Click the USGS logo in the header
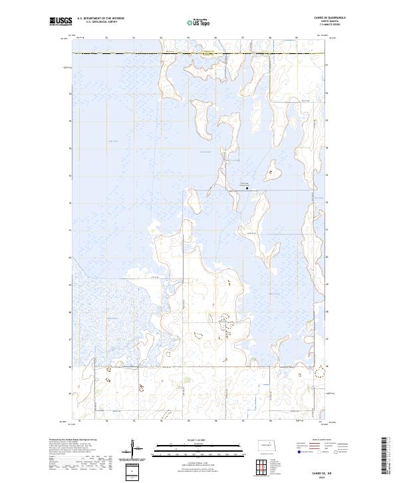click(x=61, y=22)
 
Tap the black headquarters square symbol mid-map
click(x=247, y=189)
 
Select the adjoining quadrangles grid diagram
click(x=265, y=465)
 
